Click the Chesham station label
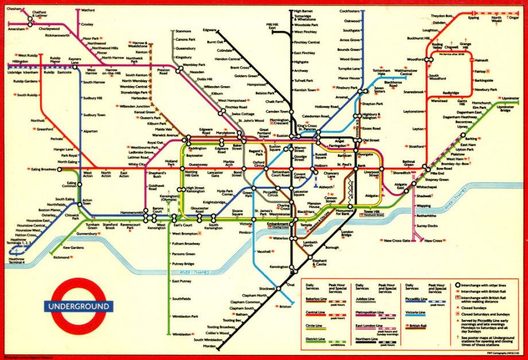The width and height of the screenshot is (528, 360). coord(14,9)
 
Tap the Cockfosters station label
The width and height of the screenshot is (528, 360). coord(350,11)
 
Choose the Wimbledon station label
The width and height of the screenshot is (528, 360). coord(181,334)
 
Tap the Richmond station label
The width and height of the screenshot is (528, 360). coord(61,258)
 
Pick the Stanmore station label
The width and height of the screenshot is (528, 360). coord(184,30)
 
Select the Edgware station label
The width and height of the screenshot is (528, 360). coord(209,29)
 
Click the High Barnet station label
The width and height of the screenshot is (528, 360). coord(304,11)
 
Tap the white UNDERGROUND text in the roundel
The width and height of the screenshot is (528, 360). coord(79,306)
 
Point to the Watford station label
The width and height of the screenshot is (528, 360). coord(88,10)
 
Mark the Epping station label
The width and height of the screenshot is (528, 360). coord(473,18)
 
